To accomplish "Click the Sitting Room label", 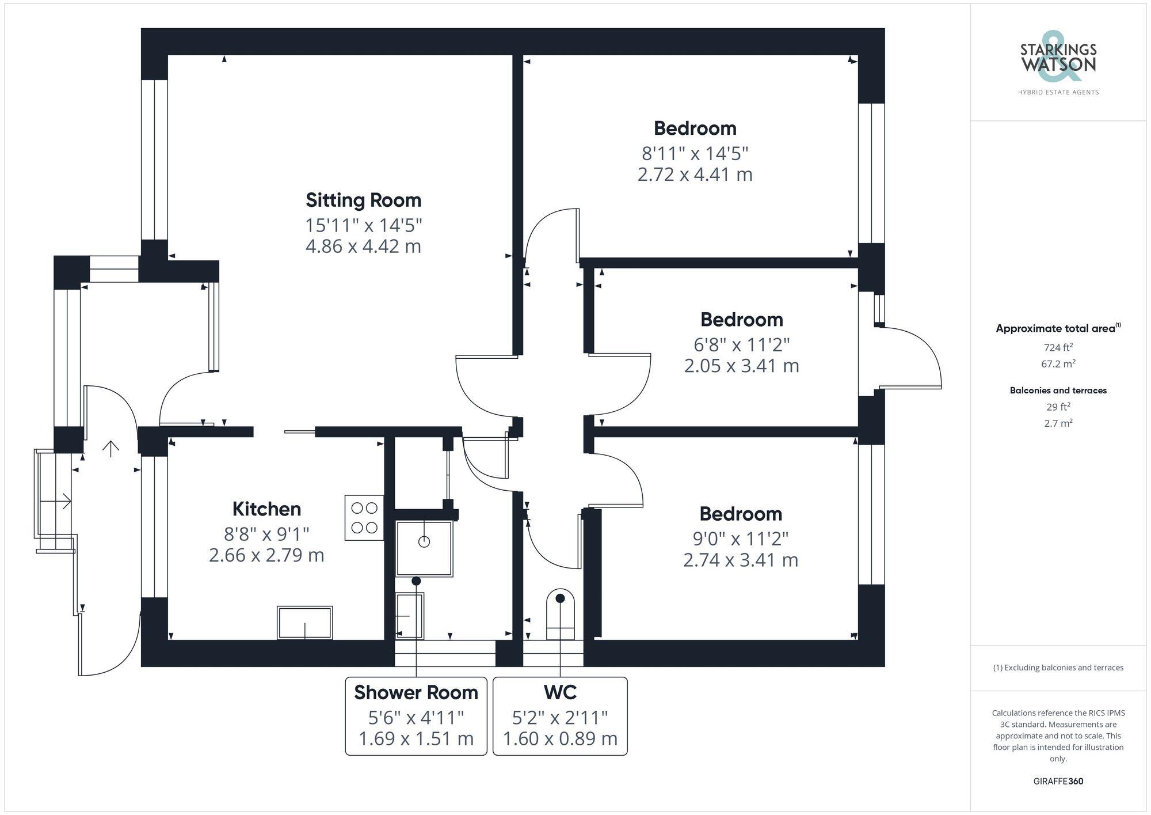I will pos(363,200).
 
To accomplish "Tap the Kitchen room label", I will pos(266,509).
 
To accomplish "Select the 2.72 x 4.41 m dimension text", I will pos(695,174).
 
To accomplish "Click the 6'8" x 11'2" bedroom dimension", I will pos(741,344).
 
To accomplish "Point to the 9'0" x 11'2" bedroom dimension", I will pos(740,539).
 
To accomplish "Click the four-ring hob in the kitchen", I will pos(364,517).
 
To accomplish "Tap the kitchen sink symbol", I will pos(304,623).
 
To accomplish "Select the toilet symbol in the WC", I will pos(560,614).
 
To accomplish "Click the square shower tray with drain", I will pos(424,548).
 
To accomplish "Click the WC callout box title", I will pos(560,692).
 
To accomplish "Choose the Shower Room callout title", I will pos(416,692).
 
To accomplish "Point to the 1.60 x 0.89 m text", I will pos(560,738).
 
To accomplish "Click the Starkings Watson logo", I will pos(1058,64).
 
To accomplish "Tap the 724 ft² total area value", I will pos(1058,347).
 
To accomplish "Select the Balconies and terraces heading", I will pos(1058,391).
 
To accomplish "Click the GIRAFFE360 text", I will pos(1058,781).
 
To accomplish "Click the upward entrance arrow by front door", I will pos(110,449).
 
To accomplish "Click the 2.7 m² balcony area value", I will pos(1058,423).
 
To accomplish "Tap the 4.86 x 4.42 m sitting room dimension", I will pos(363,246).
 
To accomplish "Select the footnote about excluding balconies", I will pos(1058,668).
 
